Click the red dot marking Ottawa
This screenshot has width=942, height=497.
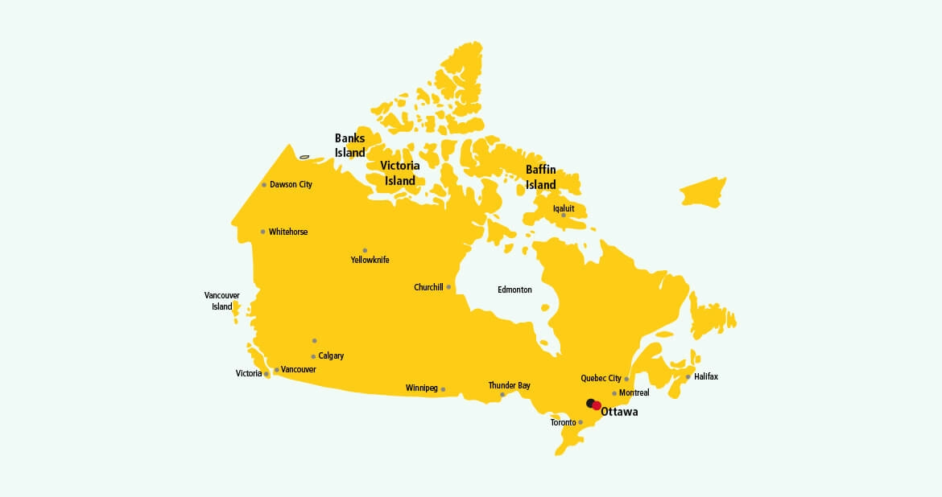tap(597, 405)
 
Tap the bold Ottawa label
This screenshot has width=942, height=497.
tap(619, 412)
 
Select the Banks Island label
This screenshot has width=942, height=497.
tap(350, 145)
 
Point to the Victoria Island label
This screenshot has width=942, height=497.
tap(400, 173)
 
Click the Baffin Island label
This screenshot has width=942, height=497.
tap(541, 177)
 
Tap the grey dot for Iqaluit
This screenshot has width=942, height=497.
tap(564, 215)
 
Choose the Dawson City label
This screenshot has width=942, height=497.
tap(291, 184)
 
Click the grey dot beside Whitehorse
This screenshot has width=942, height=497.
tap(262, 232)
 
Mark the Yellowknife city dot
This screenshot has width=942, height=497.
tap(365, 250)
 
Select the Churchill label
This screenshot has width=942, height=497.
tap(428, 287)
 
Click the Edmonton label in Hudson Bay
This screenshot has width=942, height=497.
tap(514, 290)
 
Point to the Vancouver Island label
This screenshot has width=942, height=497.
tap(221, 301)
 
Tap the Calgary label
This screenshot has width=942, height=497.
tap(331, 355)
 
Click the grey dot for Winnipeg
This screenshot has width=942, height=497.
tap(443, 389)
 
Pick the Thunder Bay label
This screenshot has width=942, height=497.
tap(509, 385)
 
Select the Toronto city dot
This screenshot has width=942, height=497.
tap(580, 422)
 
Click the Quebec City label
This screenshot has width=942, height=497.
tap(601, 378)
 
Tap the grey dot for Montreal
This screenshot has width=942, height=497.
tap(614, 393)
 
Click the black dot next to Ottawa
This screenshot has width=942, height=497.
tap(590, 402)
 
